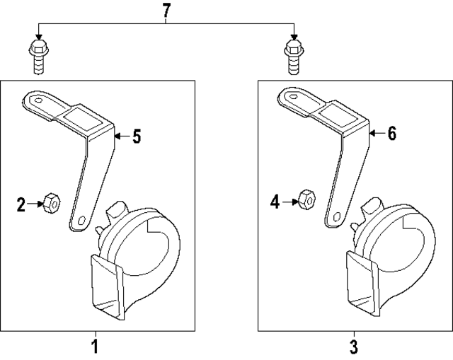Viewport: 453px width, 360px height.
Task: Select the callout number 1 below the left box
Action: [94, 347]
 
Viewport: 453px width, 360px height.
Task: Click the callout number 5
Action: [137, 137]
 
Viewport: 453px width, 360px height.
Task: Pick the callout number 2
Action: [22, 205]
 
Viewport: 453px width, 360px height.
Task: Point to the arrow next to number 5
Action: [121, 137]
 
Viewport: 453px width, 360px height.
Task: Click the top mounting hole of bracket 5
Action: [40, 101]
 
